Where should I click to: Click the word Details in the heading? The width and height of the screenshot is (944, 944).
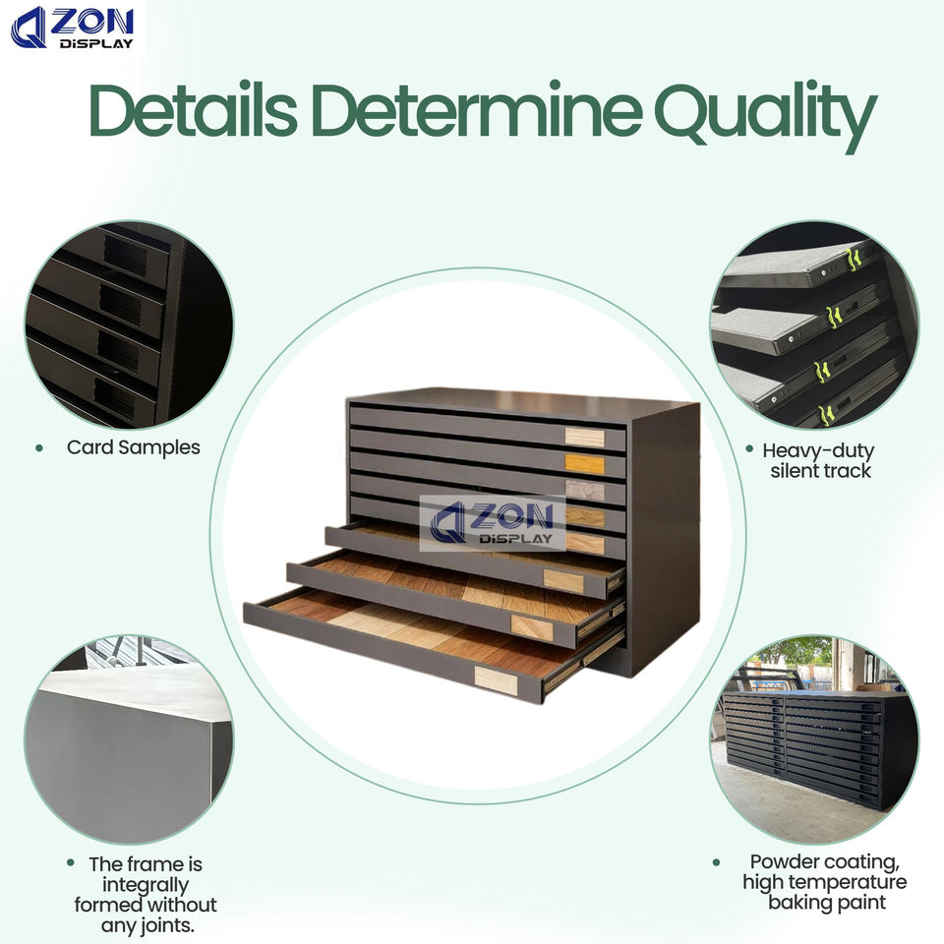click(192, 111)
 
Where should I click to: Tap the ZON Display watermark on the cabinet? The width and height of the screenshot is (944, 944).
click(494, 522)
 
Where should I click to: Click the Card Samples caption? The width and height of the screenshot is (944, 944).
click(133, 447)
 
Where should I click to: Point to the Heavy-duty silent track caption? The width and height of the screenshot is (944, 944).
click(818, 460)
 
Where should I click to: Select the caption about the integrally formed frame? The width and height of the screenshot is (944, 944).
click(145, 895)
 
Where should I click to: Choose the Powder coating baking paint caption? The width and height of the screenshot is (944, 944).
click(824, 881)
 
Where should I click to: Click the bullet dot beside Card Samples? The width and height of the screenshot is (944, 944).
click(39, 447)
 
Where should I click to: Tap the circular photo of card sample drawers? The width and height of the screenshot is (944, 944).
click(128, 324)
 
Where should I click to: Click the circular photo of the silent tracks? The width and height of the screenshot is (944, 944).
click(814, 324)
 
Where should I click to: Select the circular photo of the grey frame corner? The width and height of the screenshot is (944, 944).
click(128, 738)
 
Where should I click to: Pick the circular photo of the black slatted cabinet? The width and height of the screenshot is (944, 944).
click(814, 738)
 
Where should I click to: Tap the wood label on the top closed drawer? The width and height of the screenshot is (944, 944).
click(584, 437)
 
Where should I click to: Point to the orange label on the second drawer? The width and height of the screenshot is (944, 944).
click(584, 463)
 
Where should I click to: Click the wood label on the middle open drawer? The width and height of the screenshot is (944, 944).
click(532, 626)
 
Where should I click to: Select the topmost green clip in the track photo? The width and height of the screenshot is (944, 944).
click(854, 258)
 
